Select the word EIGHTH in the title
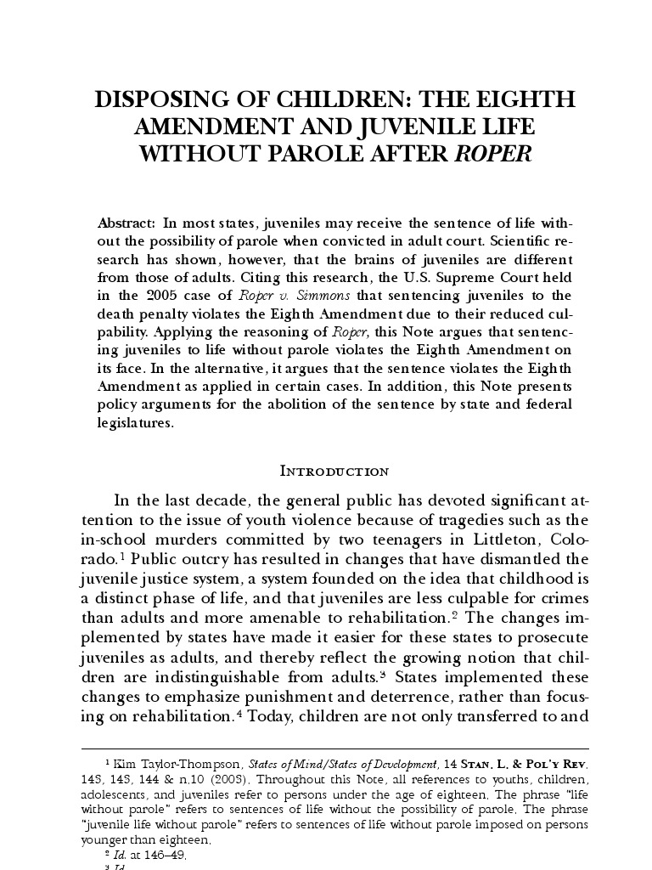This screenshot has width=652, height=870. click(x=526, y=99)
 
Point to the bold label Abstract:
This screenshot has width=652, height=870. click(x=126, y=223)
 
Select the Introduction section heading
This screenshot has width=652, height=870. click(x=334, y=472)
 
